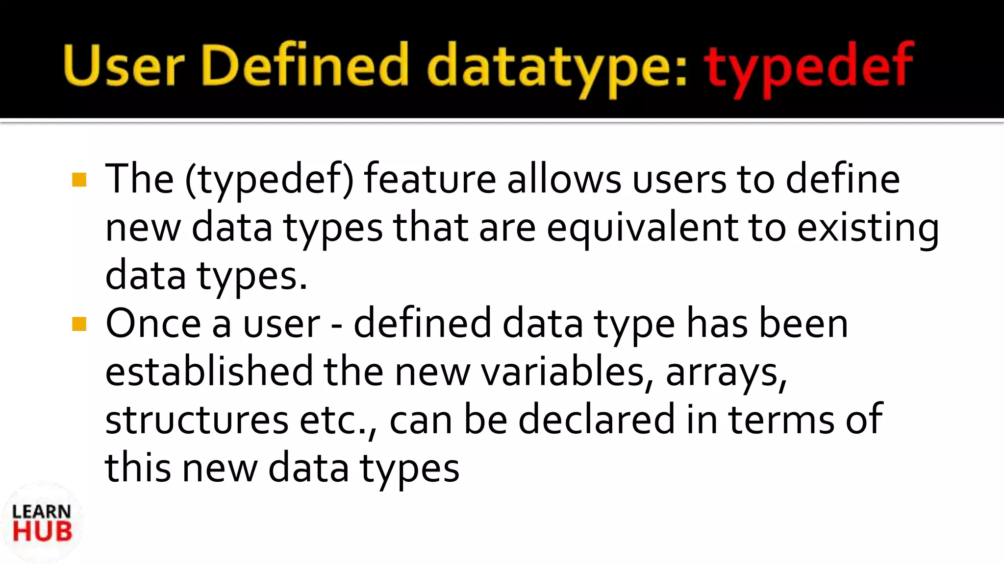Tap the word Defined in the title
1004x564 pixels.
(x=304, y=66)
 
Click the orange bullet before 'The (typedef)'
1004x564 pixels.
(x=79, y=180)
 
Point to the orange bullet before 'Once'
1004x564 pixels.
(x=79, y=324)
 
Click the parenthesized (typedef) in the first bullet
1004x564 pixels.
(x=269, y=180)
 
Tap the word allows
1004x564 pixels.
(x=564, y=179)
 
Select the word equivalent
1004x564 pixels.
(x=642, y=228)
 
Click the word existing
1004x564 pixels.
(x=868, y=228)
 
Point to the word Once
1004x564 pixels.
(x=153, y=324)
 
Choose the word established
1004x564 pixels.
(x=209, y=372)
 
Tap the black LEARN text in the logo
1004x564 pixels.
(x=42, y=512)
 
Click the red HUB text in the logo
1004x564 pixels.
(x=42, y=532)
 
